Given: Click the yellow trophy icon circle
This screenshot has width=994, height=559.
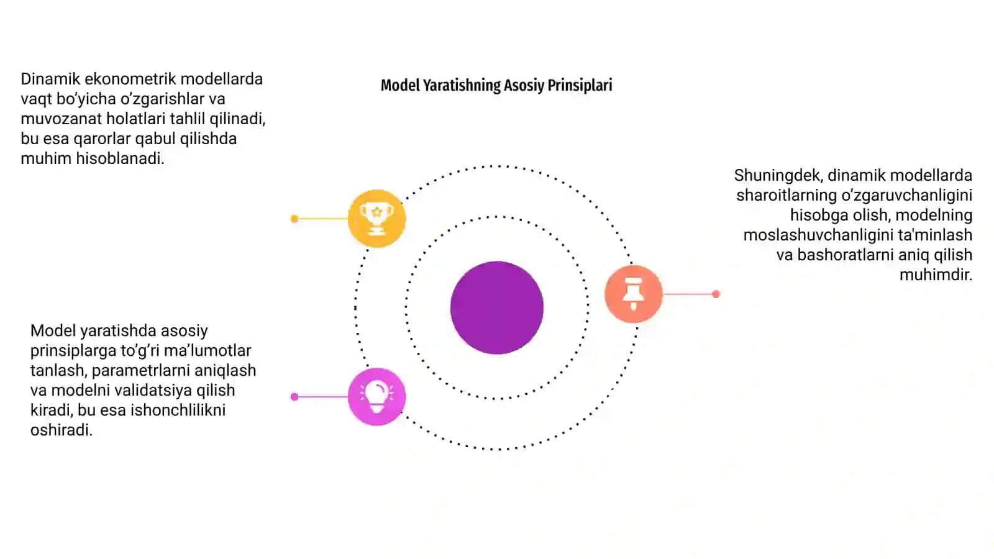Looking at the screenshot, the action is [376, 218].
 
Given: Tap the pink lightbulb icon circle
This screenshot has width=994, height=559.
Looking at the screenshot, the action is [376, 397].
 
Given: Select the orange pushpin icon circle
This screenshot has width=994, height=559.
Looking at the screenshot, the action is [633, 294].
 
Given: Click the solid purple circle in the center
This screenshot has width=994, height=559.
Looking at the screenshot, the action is [497, 307].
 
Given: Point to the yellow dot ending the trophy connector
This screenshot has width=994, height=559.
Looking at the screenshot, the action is [294, 218].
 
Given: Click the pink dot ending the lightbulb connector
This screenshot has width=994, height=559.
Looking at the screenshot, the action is [294, 397].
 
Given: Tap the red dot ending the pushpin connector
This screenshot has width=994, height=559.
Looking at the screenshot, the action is [716, 294].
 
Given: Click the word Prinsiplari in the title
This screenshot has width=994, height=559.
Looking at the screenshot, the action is [580, 85].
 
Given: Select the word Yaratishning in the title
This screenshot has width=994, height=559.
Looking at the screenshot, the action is [462, 85].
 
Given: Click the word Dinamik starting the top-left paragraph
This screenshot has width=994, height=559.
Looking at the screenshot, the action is [50, 79].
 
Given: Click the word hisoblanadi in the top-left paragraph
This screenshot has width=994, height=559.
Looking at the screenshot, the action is [120, 158].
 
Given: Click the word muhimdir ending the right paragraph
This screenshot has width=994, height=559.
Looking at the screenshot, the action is [936, 275].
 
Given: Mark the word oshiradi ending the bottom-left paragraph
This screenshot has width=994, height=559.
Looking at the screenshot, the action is [62, 430].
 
